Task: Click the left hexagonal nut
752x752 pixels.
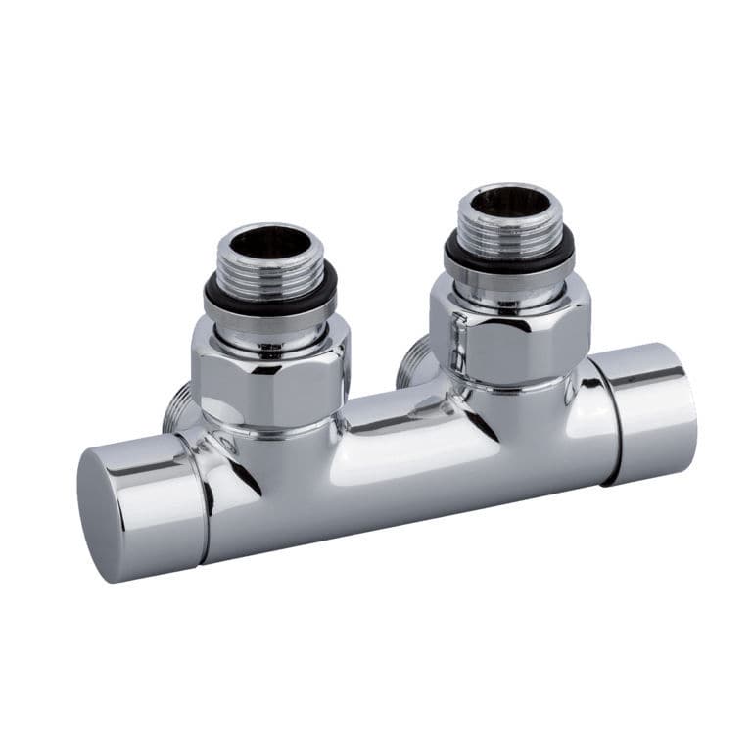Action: [270, 376]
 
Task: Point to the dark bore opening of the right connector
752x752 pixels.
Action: [507, 201]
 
